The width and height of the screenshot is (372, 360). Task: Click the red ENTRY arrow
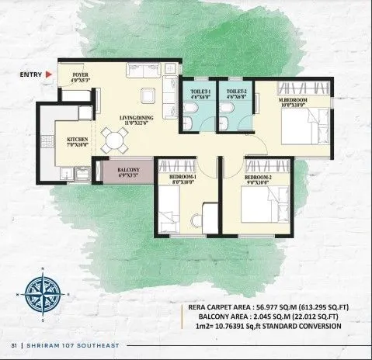click(48, 74)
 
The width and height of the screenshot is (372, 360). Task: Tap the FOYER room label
click(81, 75)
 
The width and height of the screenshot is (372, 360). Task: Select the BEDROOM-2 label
click(257, 178)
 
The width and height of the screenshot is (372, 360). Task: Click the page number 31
click(13, 345)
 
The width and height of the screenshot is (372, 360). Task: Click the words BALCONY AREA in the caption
click(214, 317)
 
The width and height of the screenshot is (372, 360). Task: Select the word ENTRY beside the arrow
click(30, 74)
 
